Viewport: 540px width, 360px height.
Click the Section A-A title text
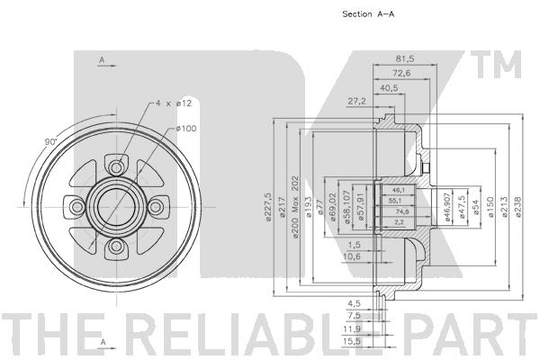point(368,14)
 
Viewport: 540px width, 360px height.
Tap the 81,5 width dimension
point(405,58)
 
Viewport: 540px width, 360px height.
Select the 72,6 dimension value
point(401,74)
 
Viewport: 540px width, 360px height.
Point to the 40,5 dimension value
point(389,88)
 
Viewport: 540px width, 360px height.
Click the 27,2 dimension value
point(356,102)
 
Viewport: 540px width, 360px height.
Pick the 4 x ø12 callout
point(173,103)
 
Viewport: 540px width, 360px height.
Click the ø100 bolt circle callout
point(186,129)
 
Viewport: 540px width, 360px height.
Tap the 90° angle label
point(50,141)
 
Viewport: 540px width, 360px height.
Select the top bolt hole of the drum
point(117,168)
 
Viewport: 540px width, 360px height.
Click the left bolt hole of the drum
point(77,207)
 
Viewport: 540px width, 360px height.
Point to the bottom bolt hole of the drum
point(117,246)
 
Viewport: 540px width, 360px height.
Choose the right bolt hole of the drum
point(156,207)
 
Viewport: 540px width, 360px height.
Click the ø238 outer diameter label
point(519,207)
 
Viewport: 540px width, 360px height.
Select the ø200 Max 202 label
point(295,207)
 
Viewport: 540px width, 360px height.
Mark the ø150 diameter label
point(490,207)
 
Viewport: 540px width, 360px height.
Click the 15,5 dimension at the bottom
point(351,341)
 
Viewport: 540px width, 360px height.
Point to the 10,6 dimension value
point(351,256)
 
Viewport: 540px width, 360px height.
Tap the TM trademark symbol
point(496,65)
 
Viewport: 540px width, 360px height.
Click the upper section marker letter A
point(102,60)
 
